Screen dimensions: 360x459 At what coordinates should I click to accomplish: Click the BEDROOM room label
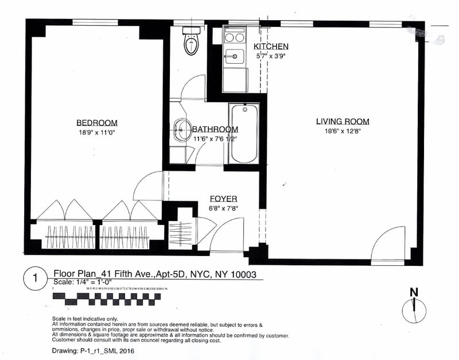tap(96, 122)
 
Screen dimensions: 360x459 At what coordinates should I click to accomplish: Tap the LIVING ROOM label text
tap(343, 121)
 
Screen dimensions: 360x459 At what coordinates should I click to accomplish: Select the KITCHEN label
tap(270, 47)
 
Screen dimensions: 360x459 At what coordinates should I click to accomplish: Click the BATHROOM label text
tap(215, 130)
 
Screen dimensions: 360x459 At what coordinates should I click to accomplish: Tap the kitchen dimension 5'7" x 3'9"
tap(271, 56)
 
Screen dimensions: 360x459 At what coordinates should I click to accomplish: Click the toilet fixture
tap(190, 42)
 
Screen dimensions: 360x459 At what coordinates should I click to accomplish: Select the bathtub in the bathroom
tap(244, 133)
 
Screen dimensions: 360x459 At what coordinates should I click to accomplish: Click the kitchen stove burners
tap(234, 38)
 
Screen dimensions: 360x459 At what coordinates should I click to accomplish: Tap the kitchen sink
tap(234, 56)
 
